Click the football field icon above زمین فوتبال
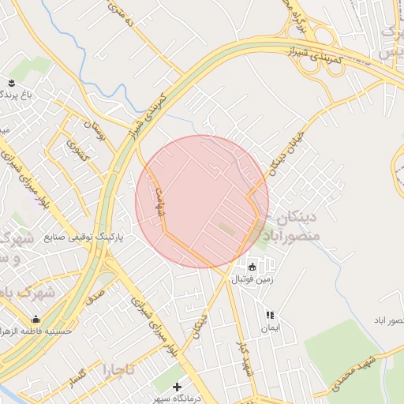coord(252,266)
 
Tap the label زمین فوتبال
coord(252,279)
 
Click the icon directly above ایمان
coord(270,315)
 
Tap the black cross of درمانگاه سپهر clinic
coord(177,387)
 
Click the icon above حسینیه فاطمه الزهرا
coord(36,320)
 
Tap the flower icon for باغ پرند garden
coord(11,81)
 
